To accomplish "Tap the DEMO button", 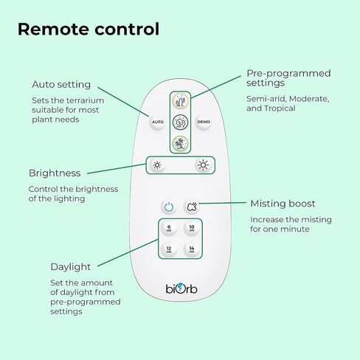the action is click(x=204, y=122).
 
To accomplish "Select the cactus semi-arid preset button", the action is click(x=180, y=101).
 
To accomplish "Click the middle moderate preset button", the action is click(x=180, y=122).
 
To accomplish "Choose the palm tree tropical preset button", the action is click(x=180, y=143).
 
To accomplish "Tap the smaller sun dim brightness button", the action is click(x=157, y=165).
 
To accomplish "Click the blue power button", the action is click(x=169, y=207).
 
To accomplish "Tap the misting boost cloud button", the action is click(x=192, y=207).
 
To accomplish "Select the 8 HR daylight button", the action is click(x=169, y=228).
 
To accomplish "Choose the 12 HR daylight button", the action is click(x=169, y=249).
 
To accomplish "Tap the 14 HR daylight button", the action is click(x=192, y=249).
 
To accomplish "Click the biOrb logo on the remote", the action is click(x=181, y=288).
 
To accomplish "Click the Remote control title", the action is click(x=89, y=30).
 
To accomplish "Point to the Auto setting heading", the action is click(x=61, y=85).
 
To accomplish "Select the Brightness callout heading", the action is click(x=55, y=173).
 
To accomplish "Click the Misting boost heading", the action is click(x=283, y=204).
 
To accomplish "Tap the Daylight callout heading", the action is click(x=71, y=267).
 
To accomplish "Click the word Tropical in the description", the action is click(x=280, y=108).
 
